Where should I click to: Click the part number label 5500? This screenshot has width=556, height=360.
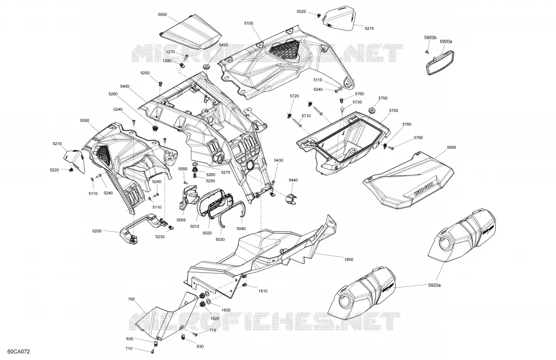162,15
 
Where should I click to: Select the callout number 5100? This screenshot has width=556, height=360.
249,23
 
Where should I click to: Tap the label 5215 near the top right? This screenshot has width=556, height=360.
369,28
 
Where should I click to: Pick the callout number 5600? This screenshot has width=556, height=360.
451,147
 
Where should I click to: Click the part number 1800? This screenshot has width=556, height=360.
349,259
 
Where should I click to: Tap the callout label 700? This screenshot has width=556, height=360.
131,299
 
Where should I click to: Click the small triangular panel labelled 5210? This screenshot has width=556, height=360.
75,160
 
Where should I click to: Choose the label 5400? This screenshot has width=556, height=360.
125,86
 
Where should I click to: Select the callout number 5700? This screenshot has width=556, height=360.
394,111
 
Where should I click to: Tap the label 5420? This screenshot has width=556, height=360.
224,45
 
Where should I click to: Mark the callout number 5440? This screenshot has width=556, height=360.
293,180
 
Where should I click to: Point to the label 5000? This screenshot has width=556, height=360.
84,121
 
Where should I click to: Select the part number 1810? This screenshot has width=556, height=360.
263,291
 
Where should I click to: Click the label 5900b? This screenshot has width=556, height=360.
430,37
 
